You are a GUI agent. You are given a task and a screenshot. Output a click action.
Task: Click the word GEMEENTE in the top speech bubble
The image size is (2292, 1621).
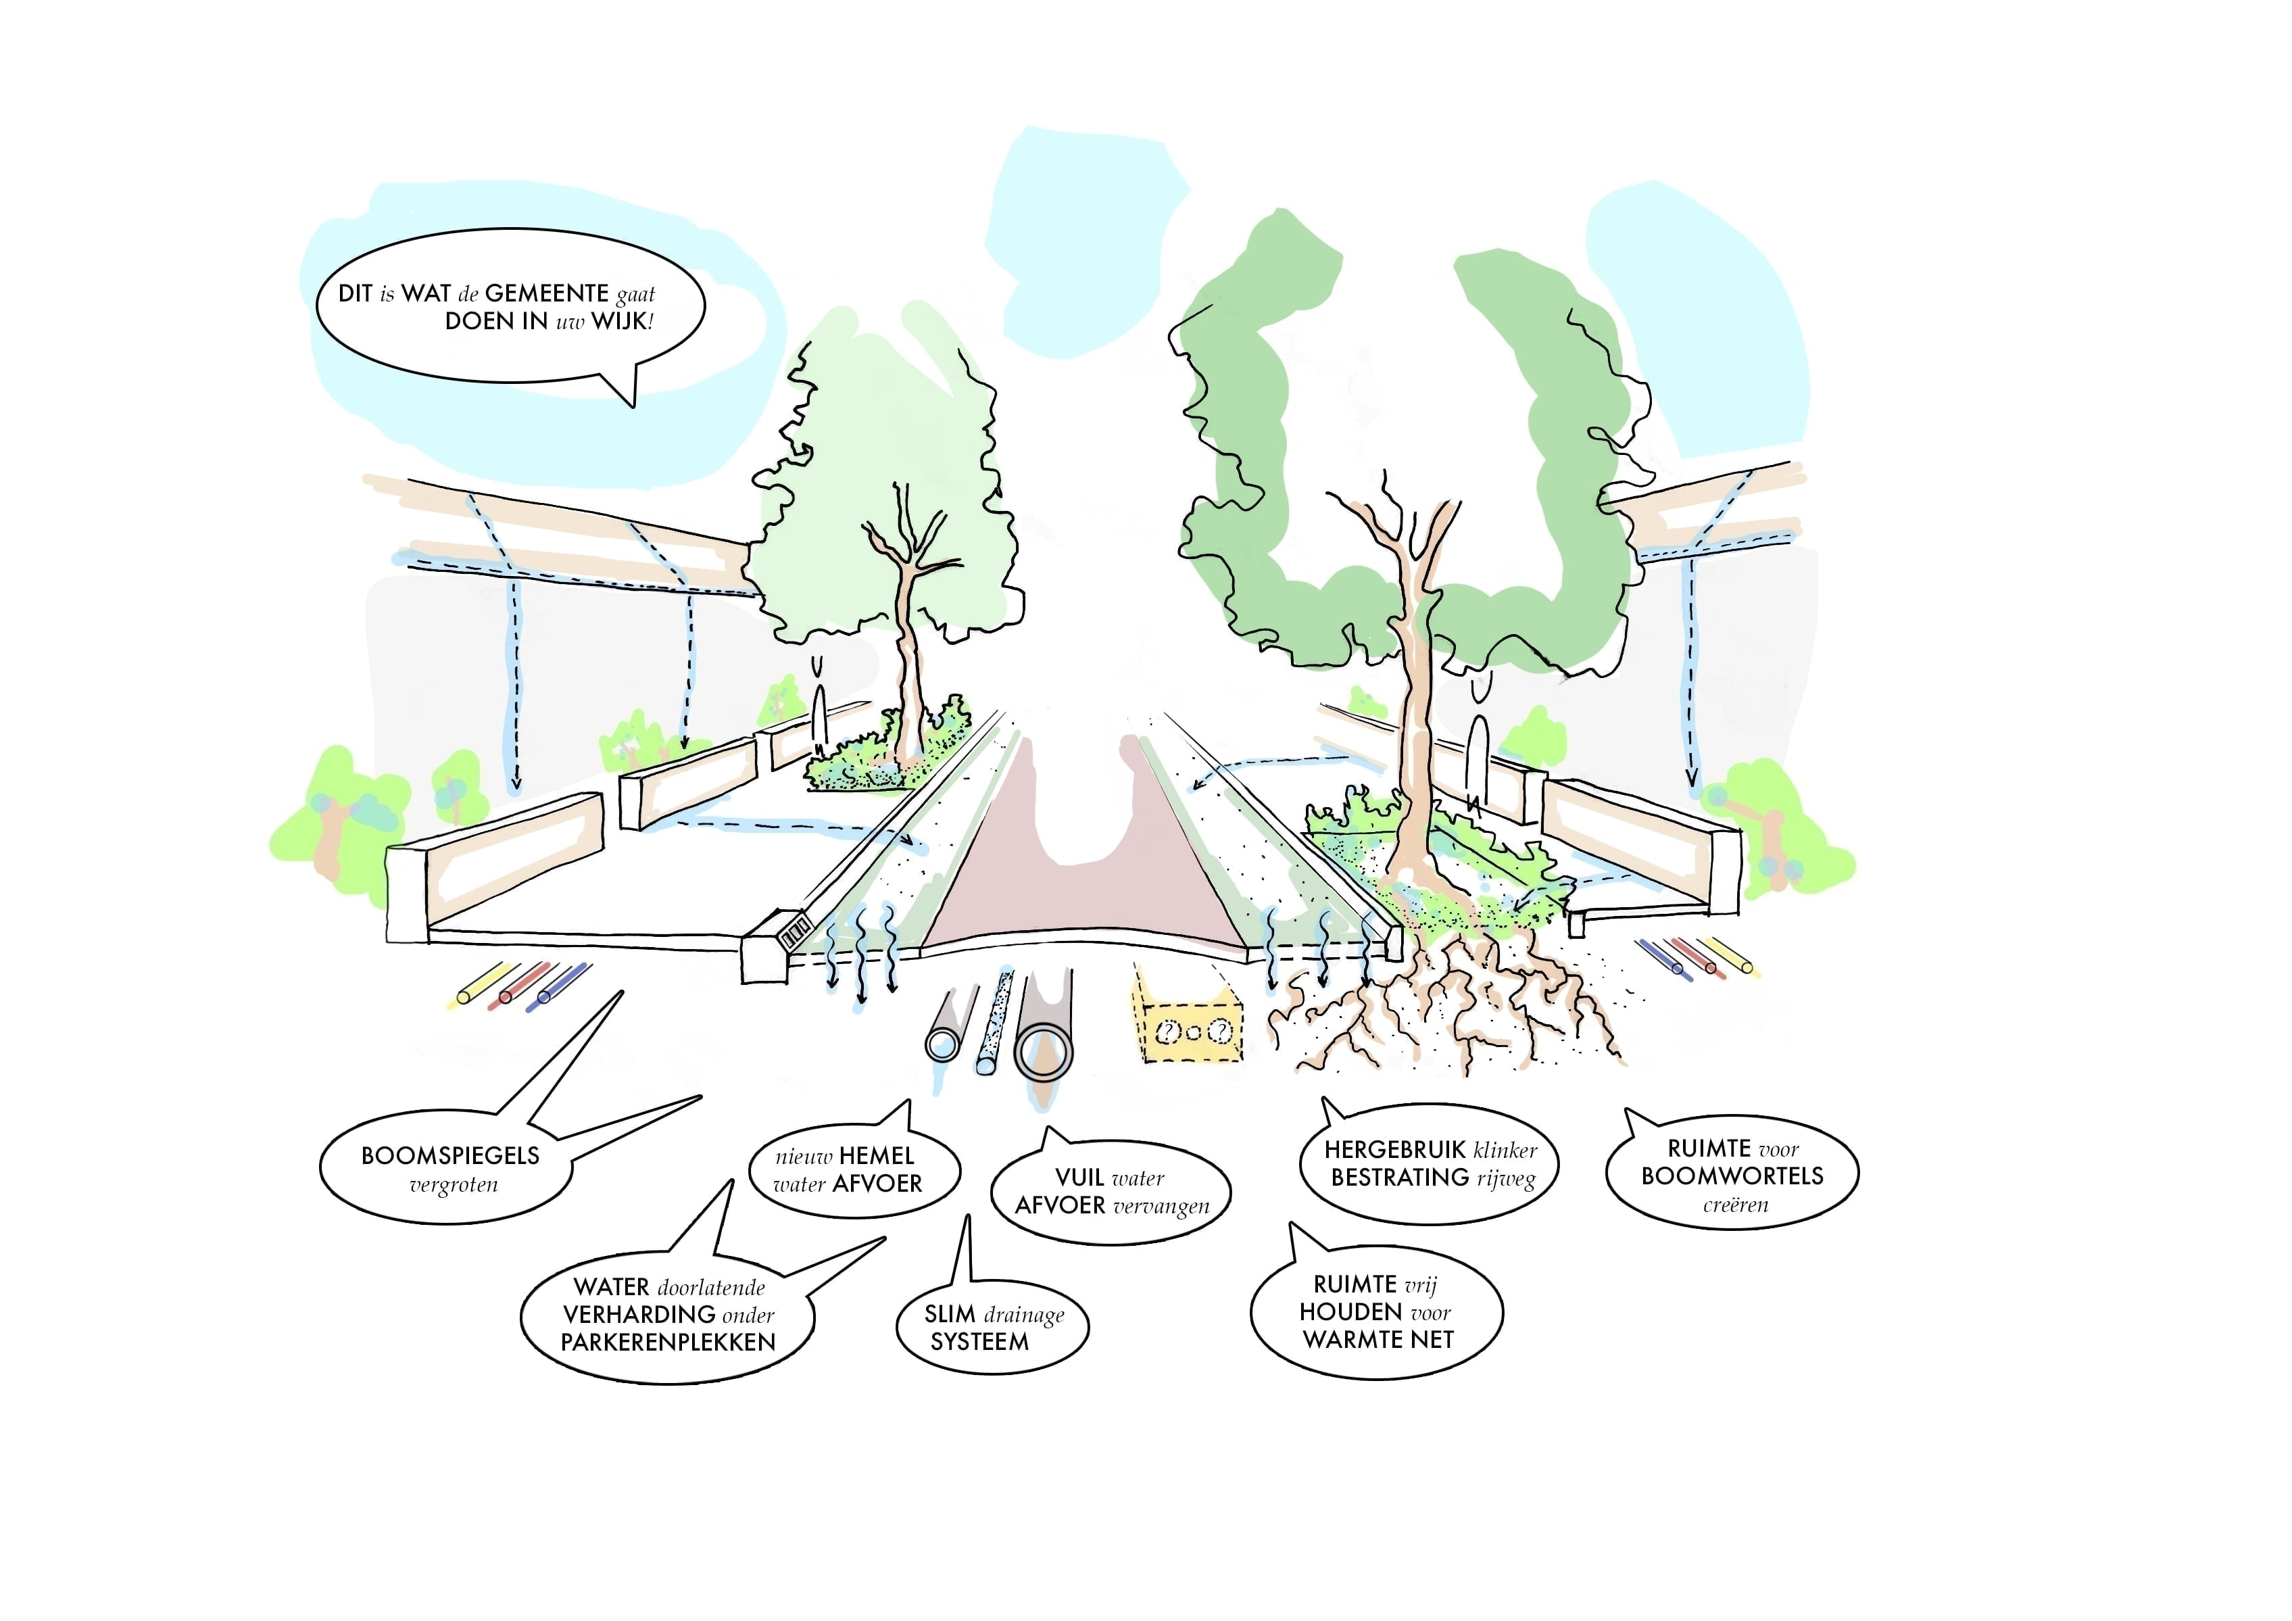coord(546,293)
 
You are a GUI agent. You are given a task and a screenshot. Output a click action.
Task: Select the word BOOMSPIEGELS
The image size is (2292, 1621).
coord(450,1156)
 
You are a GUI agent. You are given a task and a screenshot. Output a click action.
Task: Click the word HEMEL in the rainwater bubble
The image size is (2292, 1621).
coord(877,1156)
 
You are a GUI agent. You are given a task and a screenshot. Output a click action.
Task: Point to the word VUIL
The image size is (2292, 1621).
coord(1079,1178)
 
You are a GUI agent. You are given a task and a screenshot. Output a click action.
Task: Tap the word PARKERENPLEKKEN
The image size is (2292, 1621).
coord(668,1342)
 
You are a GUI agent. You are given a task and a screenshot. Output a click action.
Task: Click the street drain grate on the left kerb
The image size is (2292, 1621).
coord(795,932)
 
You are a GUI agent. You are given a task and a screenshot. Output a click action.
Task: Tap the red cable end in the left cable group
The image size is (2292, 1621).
coord(506,996)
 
